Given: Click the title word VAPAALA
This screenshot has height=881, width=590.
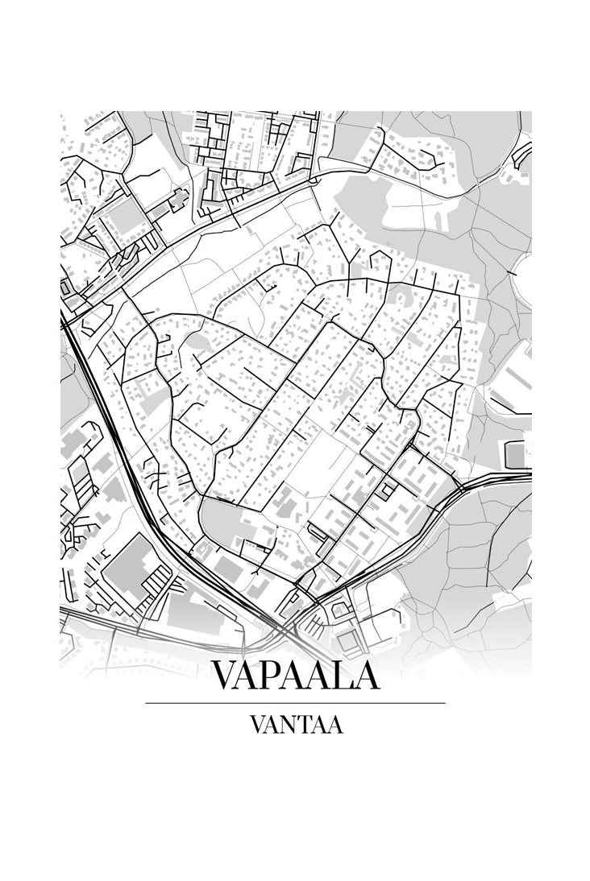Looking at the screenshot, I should click(295, 676).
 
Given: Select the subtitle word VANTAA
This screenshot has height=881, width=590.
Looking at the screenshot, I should click(296, 725).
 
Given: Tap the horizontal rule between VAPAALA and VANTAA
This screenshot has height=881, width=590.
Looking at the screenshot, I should click(295, 703).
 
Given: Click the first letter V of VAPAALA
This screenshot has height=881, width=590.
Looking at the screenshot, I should click(226, 676).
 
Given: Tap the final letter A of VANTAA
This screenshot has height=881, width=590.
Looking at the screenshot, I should click(334, 725).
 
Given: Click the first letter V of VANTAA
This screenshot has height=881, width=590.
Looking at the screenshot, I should click(257, 725).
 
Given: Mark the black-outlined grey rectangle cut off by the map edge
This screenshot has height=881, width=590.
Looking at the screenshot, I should click(517, 453).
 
